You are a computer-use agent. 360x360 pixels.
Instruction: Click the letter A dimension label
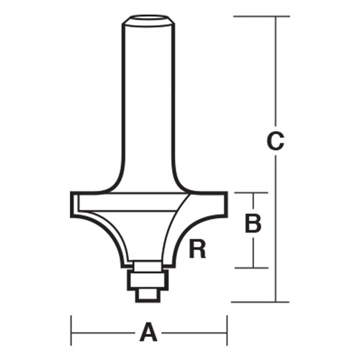point(148,332)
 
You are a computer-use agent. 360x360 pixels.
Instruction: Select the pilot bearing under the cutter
point(150,276)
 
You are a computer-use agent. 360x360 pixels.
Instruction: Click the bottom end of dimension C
point(275,301)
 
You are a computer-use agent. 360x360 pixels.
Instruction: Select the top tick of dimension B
point(252,193)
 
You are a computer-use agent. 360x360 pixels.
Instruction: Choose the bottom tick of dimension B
point(252,268)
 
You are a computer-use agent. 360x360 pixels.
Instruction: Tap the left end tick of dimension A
point(71,332)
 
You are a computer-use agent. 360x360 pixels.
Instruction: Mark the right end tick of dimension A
point(227,332)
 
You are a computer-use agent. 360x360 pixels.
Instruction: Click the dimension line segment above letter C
point(275,72)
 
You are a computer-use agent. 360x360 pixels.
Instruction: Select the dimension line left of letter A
point(104,332)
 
